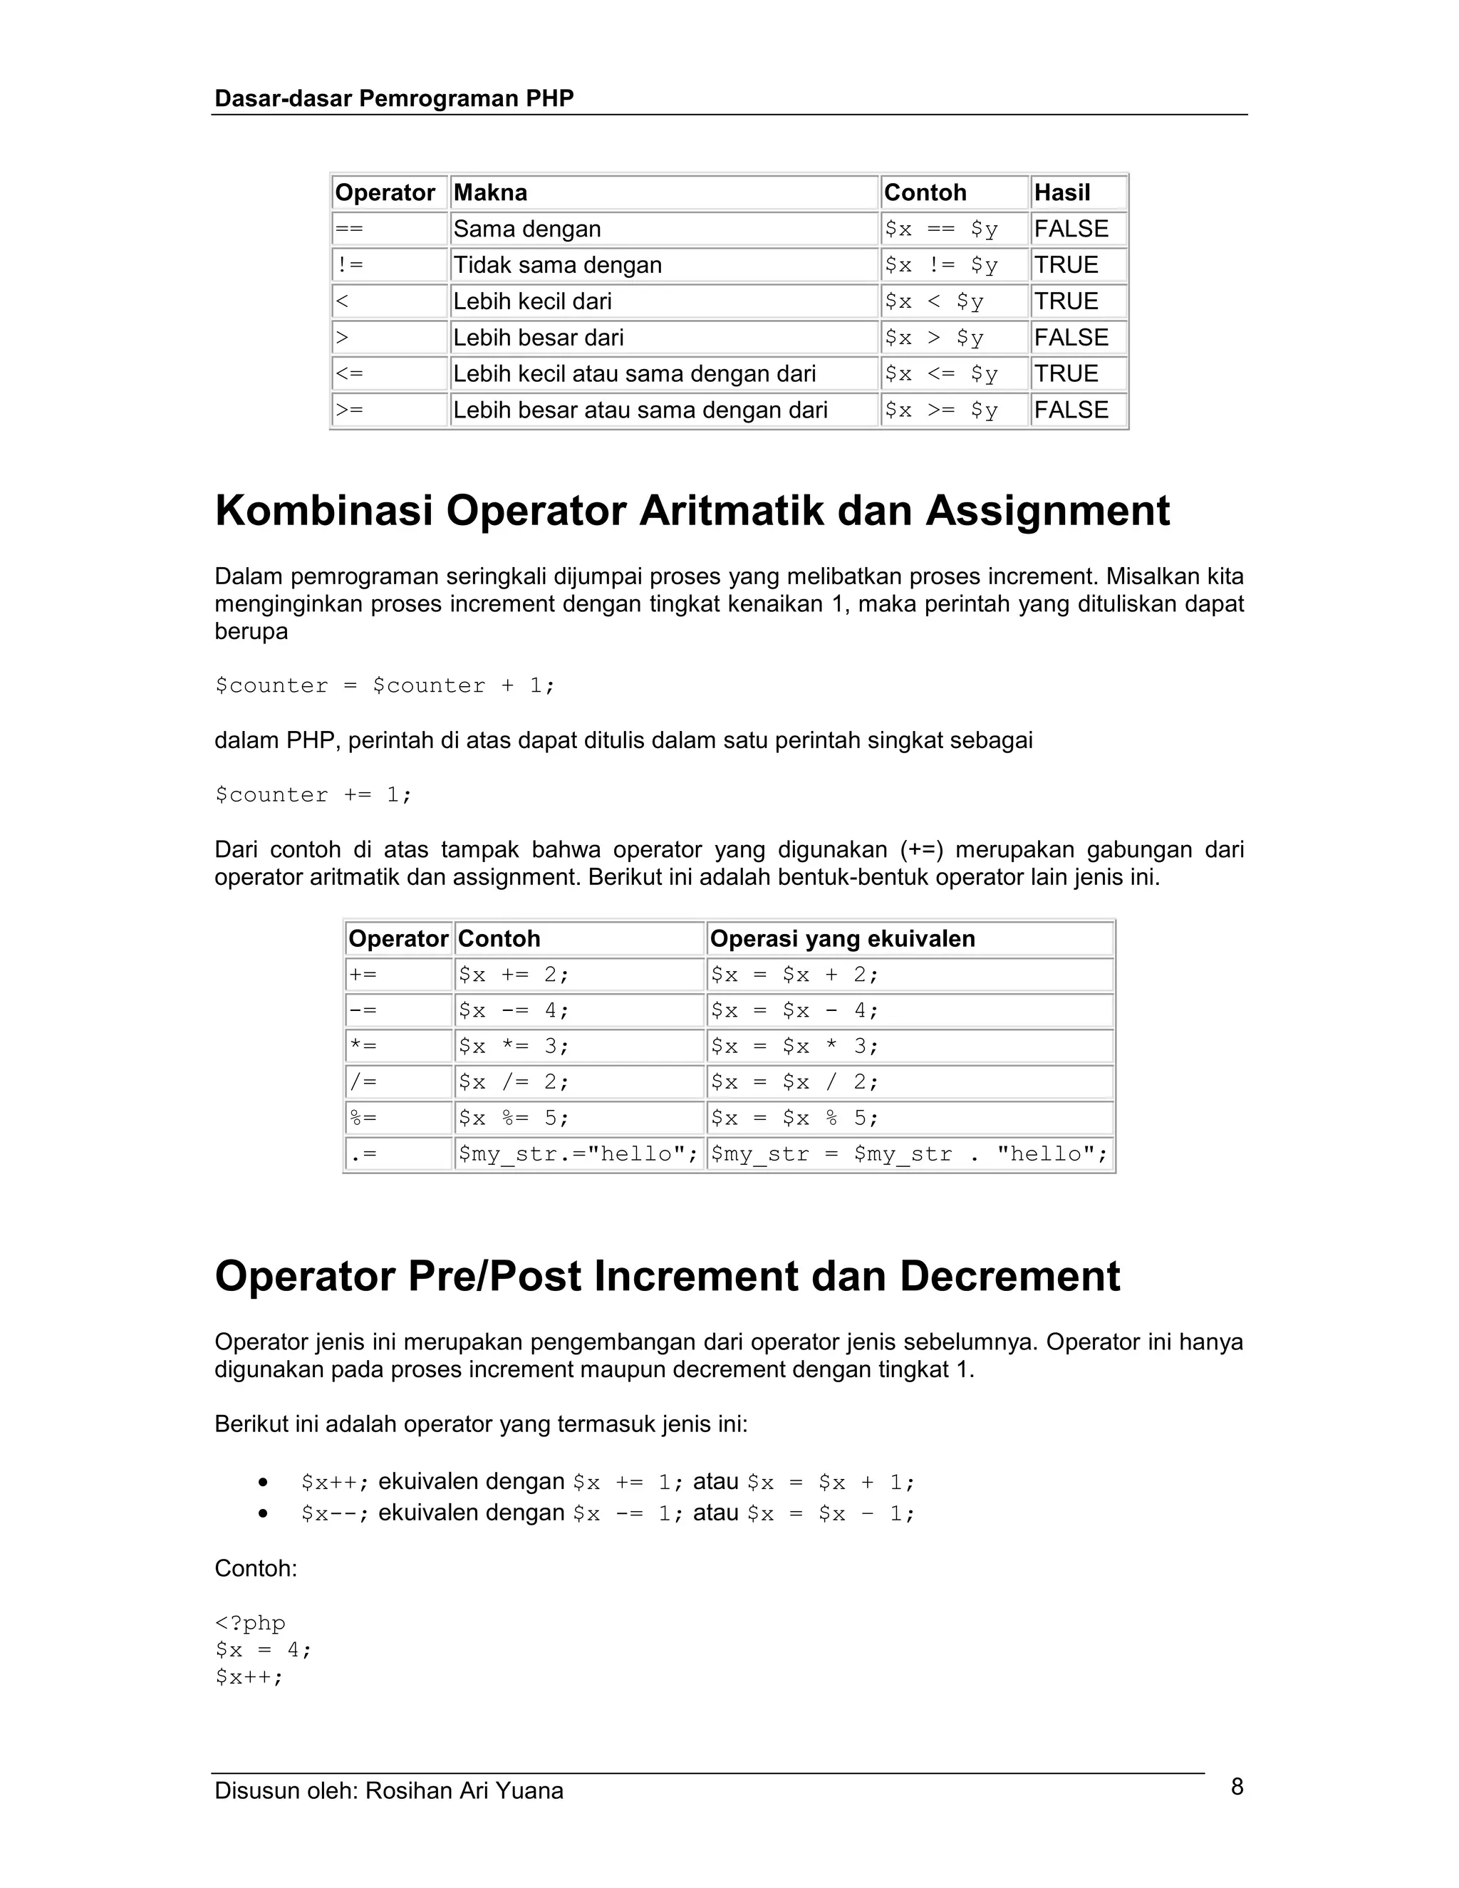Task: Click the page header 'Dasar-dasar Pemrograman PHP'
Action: point(393,98)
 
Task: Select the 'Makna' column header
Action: point(490,193)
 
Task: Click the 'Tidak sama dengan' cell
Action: point(558,266)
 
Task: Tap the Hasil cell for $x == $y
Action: point(1071,229)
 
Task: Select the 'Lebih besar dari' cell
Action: point(539,338)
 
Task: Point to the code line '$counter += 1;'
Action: point(313,795)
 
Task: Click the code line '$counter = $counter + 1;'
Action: point(385,686)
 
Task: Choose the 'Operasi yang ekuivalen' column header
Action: point(842,939)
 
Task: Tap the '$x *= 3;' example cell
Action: point(514,1047)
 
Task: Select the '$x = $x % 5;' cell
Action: point(794,1119)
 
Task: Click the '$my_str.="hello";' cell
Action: point(577,1155)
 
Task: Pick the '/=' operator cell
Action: point(363,1082)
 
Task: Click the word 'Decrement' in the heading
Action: point(1009,1277)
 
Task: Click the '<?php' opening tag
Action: point(250,1624)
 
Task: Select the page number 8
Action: point(1237,1787)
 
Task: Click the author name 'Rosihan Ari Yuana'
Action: point(464,1791)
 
